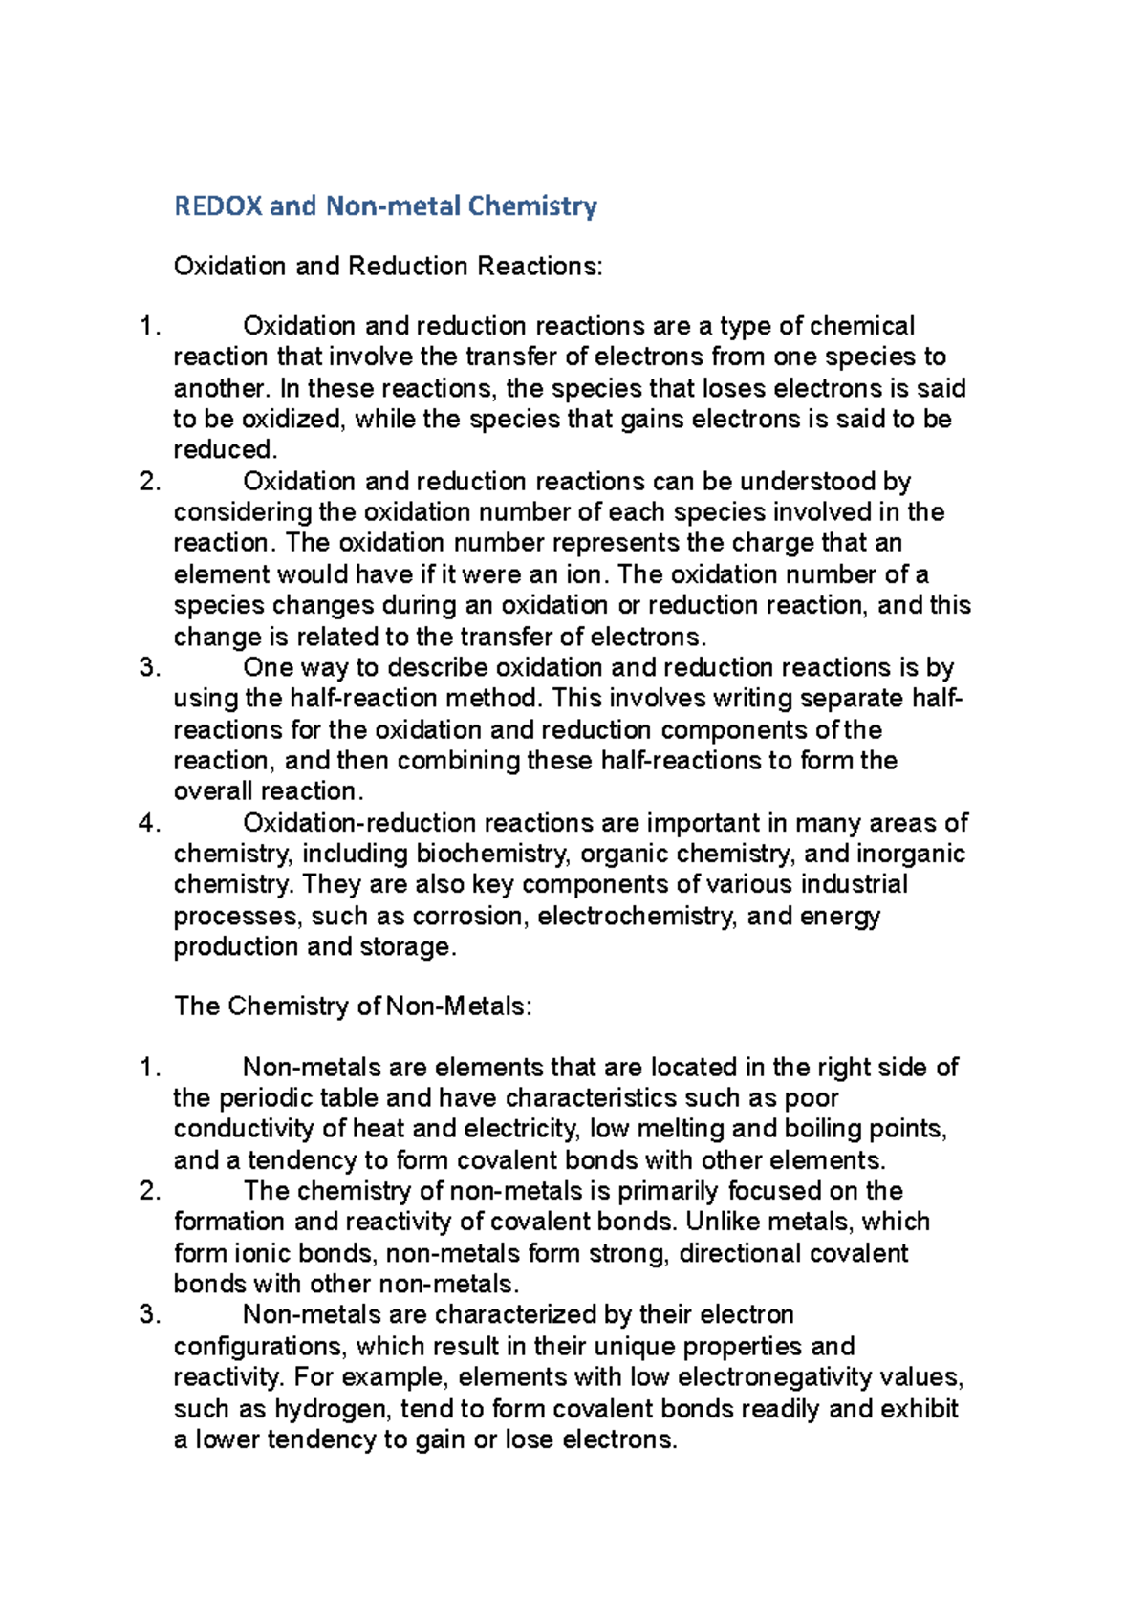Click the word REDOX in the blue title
[218, 206]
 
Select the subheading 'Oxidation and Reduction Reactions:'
[388, 266]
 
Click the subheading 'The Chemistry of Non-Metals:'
[353, 1006]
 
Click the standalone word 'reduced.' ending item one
[226, 450]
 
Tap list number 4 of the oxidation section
[148, 823]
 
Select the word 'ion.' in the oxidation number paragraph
[584, 574]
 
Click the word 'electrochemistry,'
[638, 916]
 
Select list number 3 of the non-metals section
[148, 1315]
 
